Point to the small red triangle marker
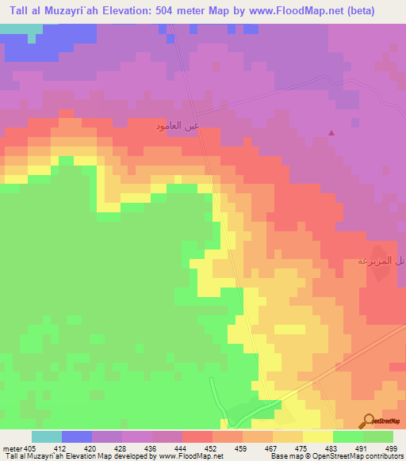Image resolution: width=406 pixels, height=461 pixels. click(331, 133)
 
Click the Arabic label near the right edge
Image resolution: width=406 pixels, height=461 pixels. click(380, 261)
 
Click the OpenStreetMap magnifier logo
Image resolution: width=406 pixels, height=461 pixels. click(368, 421)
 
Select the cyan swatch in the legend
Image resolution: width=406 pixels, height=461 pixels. click(47, 436)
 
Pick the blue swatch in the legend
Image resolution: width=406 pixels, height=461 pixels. click(77, 436)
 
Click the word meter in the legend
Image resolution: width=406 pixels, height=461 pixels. click(13, 448)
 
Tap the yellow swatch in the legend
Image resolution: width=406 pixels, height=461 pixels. click(318, 436)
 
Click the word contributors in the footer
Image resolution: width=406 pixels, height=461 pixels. click(384, 457)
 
